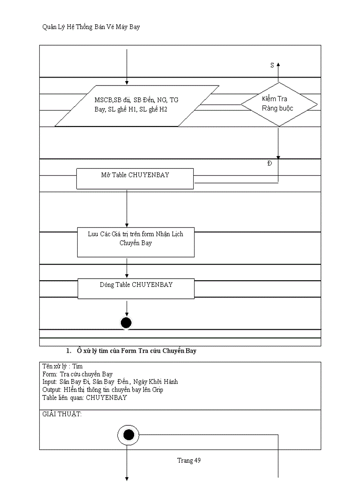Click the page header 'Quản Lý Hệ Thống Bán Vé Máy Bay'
click(91, 27)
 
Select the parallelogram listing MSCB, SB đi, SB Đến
click(137, 105)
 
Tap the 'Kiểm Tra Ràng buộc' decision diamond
click(278, 104)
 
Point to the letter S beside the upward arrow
click(272, 65)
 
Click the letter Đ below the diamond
click(270, 164)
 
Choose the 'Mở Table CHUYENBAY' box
click(135, 179)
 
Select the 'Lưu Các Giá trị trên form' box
click(135, 242)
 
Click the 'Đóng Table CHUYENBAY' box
click(136, 288)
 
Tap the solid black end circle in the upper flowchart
click(126, 323)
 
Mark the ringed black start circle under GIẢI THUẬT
click(128, 435)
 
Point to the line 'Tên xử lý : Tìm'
click(62, 366)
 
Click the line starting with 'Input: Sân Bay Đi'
click(110, 382)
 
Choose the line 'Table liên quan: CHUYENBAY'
click(84, 398)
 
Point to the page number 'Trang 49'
click(189, 461)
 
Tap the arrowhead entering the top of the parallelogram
click(127, 82)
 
